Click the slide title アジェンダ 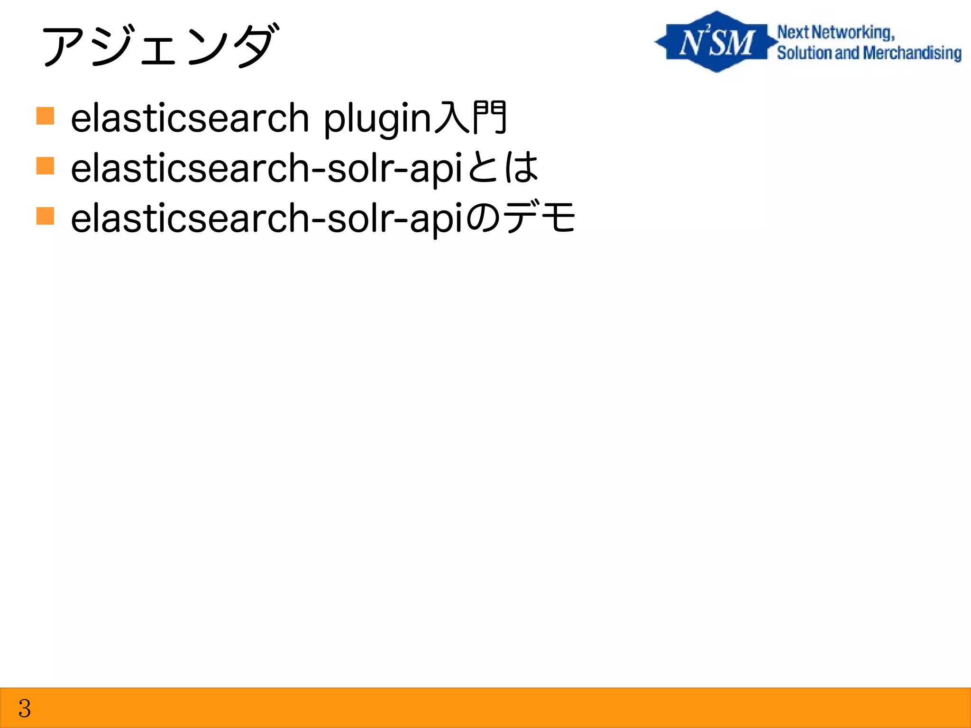click(x=159, y=46)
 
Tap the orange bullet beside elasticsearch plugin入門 click(x=45, y=116)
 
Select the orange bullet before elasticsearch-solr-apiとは click(x=45, y=166)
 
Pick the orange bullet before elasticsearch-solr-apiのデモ click(x=45, y=216)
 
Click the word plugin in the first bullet click(x=377, y=118)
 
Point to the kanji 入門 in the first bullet click(x=470, y=117)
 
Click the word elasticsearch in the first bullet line click(x=190, y=118)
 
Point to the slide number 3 click(x=25, y=708)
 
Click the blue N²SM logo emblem click(x=716, y=42)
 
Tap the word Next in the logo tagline click(x=793, y=32)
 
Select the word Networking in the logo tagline click(x=852, y=33)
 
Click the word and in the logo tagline click(x=847, y=53)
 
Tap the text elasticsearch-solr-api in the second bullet click(x=266, y=168)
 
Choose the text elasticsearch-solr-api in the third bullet click(x=266, y=218)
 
